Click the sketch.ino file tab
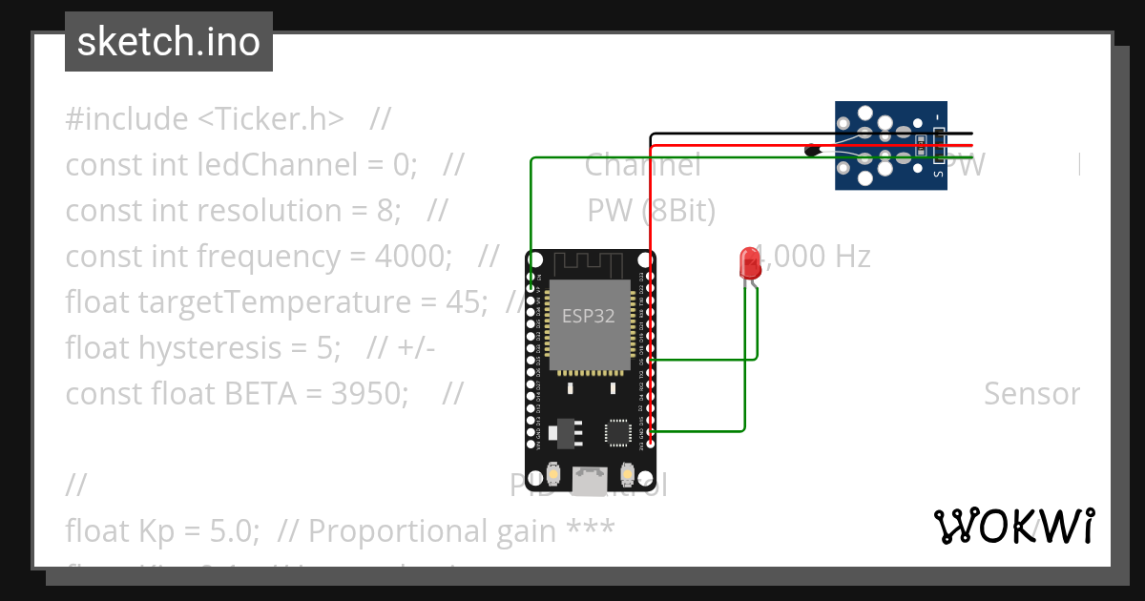coord(169,42)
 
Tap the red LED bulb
coord(750,261)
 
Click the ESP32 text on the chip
coord(588,316)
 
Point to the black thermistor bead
coord(813,150)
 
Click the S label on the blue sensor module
coord(938,173)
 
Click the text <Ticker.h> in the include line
coord(271,119)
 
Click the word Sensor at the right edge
coord(1031,394)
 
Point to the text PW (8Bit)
coord(651,211)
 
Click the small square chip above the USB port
coord(617,432)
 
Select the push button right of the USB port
coord(628,473)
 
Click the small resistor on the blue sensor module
coord(921,146)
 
